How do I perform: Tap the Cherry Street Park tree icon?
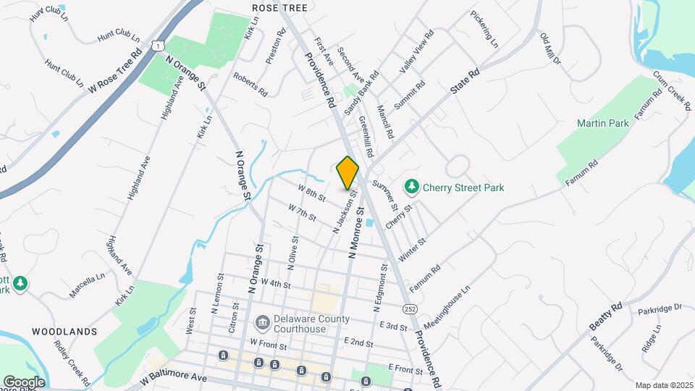[x=412, y=188]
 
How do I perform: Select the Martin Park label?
[x=603, y=124]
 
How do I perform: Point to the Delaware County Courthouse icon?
[x=261, y=320]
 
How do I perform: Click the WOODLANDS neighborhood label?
[x=64, y=332]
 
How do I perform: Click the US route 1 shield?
[x=158, y=46]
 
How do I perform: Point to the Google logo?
[x=24, y=382]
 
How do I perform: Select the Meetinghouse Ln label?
[x=447, y=307]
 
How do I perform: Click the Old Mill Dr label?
[x=551, y=48]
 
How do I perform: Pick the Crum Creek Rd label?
[x=672, y=90]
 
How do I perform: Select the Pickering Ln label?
[x=484, y=29]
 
